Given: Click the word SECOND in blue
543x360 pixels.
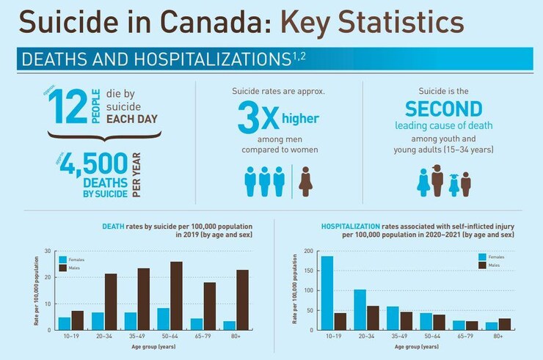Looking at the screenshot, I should (x=444, y=109).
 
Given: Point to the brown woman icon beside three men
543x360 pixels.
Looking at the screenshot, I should (x=306, y=180).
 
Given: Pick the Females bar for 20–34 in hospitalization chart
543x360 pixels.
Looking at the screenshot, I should (x=360, y=310).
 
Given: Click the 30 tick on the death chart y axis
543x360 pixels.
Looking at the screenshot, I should (x=47, y=251).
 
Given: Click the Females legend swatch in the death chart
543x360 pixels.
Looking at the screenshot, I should (x=64, y=260).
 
